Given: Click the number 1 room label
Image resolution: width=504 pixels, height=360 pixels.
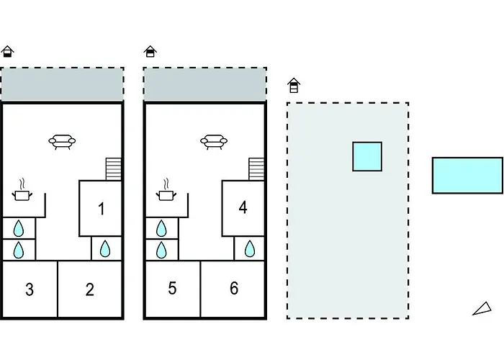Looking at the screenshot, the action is pos(102,209).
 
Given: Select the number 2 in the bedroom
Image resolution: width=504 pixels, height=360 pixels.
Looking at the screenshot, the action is pos(90,289).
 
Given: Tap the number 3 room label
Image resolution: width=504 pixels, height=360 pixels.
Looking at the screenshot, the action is pos(30,289).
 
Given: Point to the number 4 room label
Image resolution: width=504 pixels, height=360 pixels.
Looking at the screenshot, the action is pos(243,207).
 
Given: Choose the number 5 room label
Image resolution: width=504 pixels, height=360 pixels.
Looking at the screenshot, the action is pos(172,288).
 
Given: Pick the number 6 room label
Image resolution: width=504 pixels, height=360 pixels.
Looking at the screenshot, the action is pos(234,288).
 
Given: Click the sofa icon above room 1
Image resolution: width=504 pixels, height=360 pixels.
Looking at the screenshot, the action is pos(62,142).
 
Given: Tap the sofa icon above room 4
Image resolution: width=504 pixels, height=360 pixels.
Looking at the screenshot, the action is pos(214,142).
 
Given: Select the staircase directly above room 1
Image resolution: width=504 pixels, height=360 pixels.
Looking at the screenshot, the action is pos(114,169).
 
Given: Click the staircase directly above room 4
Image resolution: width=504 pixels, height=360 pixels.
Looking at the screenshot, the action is pos(256,169).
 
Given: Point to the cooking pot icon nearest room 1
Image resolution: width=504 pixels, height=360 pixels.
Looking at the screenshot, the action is pos(22,191).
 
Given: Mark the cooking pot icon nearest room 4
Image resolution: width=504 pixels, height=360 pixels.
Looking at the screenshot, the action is pos(166,191).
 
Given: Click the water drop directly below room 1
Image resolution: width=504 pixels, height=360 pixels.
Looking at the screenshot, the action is pos(105,249).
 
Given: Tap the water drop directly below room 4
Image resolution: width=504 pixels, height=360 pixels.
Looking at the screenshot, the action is pos(250,249).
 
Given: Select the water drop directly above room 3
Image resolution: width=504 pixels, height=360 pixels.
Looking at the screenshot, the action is pos(19,250).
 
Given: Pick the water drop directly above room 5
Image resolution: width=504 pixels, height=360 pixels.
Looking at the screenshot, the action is pos(161,250).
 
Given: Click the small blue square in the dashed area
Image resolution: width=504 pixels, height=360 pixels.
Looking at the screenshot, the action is pos(367,156).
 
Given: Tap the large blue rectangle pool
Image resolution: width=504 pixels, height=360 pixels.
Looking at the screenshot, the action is pos(467,175).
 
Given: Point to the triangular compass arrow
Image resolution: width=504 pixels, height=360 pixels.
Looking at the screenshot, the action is pos(483,309).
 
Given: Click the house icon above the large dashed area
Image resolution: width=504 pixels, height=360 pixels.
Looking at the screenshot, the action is pos(294,86).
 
